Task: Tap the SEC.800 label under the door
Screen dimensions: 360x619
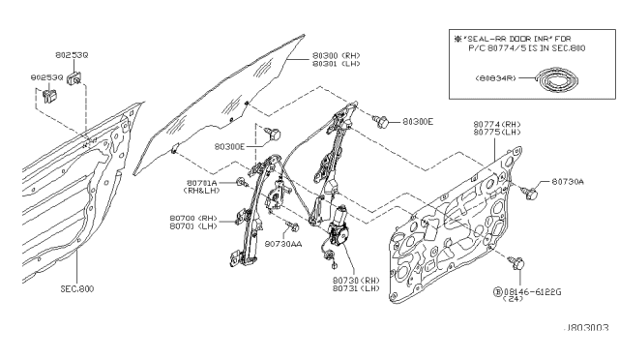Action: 76,288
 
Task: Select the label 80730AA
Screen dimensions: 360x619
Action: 283,244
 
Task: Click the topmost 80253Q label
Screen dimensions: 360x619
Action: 70,55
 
